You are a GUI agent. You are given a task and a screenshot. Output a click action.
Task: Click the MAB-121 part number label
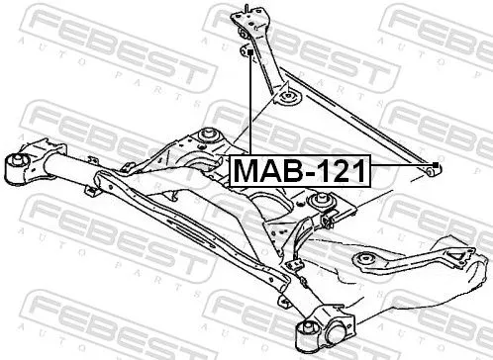point(298,170)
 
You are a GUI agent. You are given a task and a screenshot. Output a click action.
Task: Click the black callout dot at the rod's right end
point(436,164)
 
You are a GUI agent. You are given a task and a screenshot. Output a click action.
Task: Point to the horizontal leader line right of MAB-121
point(401,165)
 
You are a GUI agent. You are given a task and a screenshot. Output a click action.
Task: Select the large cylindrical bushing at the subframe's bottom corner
point(329,329)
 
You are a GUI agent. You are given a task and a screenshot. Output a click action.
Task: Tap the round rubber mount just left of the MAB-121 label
point(210,135)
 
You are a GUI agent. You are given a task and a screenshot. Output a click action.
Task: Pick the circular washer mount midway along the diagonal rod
point(291,98)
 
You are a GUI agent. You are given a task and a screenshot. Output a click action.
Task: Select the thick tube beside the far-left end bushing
point(54,169)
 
